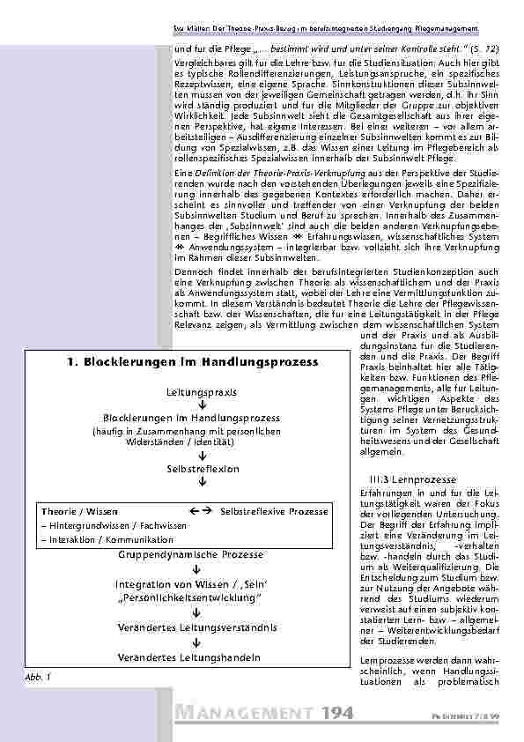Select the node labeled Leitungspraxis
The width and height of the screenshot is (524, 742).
pos(191,390)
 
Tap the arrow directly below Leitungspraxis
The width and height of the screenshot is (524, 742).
pos(191,404)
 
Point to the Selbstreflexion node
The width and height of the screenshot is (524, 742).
pos(191,471)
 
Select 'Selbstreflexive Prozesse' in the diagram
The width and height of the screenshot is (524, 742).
pos(274,511)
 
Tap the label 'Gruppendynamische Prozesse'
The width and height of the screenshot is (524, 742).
pos(191,554)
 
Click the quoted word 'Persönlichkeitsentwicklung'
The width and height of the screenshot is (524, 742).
pos(191,598)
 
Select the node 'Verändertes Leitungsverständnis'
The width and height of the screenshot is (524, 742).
pos(191,627)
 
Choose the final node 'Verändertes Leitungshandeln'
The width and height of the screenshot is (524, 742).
pos(191,657)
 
